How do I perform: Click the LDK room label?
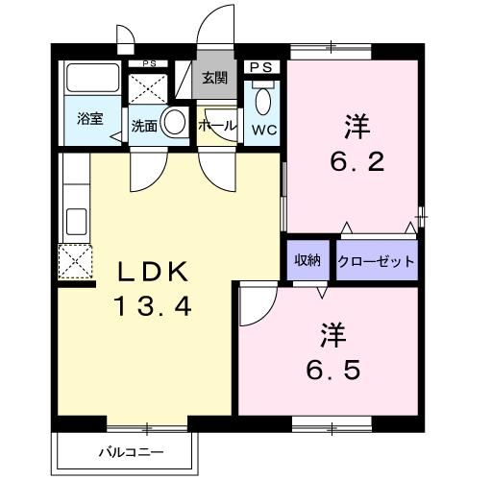coord(155,273)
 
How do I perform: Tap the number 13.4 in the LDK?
coord(155,306)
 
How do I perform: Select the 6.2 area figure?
coord(357,160)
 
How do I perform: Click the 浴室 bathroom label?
coord(90,120)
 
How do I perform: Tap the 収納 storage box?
coord(307,260)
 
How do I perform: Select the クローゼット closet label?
coord(377,260)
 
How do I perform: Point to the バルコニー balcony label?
coord(131,451)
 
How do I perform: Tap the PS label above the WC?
coord(259,66)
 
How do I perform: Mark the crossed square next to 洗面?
coord(148,87)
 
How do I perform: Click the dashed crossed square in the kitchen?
coord(74,260)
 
